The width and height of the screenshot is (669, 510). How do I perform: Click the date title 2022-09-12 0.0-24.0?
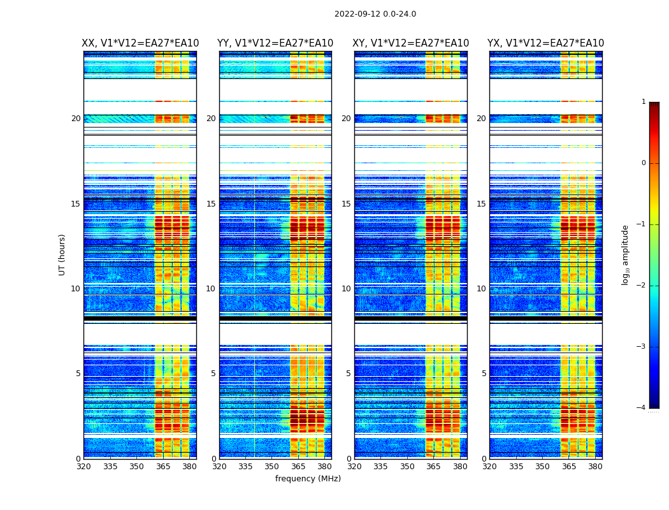[375, 14]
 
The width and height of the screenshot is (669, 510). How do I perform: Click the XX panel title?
[140, 43]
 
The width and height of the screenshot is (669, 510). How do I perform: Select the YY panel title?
[275, 43]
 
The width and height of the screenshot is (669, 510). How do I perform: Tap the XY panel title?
[411, 43]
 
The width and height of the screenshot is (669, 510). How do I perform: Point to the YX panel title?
[545, 43]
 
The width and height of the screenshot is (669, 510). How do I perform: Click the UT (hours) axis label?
[62, 254]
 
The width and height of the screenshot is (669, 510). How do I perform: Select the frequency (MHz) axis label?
[308, 479]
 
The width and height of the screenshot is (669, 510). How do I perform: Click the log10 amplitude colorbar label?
[626, 254]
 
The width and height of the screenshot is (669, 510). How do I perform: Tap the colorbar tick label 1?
[644, 102]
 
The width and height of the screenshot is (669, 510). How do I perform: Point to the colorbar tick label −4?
[642, 408]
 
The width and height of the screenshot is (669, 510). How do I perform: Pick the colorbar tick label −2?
[642, 286]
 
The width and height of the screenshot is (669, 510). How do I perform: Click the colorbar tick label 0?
[644, 163]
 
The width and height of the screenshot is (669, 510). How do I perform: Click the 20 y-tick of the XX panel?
[76, 119]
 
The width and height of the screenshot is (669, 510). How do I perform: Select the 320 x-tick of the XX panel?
[83, 466]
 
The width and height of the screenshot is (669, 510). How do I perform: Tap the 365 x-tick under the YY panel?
[298, 466]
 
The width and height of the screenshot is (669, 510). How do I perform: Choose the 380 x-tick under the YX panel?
[595, 466]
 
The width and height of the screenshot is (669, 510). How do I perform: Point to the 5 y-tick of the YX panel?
[484, 374]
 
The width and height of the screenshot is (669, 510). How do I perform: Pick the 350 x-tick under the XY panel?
[407, 466]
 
